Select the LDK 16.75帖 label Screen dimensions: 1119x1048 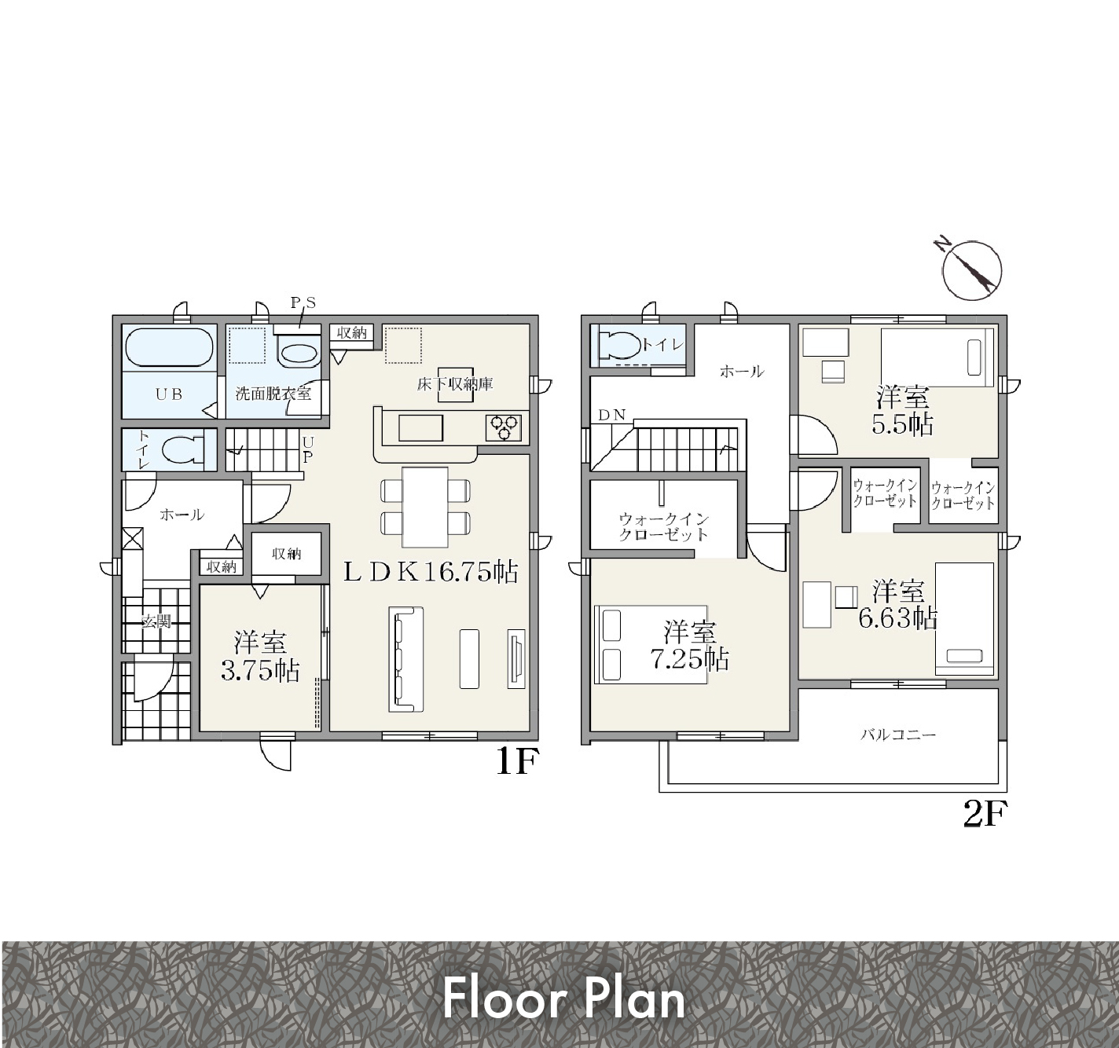click(x=431, y=573)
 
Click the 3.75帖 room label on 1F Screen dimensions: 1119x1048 click(x=260, y=670)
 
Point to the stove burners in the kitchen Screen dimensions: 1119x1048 click(x=504, y=427)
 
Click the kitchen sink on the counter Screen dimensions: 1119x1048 click(x=421, y=427)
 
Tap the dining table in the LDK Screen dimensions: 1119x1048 click(x=425, y=507)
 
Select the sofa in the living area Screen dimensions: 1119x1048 click(x=405, y=659)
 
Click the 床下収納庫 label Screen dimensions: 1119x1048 click(x=455, y=384)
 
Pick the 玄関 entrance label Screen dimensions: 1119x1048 click(x=156, y=621)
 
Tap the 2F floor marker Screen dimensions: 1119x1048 click(x=985, y=814)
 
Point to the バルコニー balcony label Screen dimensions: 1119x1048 click(x=898, y=735)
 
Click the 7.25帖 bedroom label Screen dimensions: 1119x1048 click(x=690, y=658)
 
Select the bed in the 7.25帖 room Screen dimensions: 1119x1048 click(x=650, y=644)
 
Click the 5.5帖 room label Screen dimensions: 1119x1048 click(x=903, y=424)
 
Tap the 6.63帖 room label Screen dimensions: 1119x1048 click(x=898, y=618)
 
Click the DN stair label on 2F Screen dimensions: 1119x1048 click(x=612, y=416)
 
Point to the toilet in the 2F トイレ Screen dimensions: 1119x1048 click(x=618, y=345)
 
